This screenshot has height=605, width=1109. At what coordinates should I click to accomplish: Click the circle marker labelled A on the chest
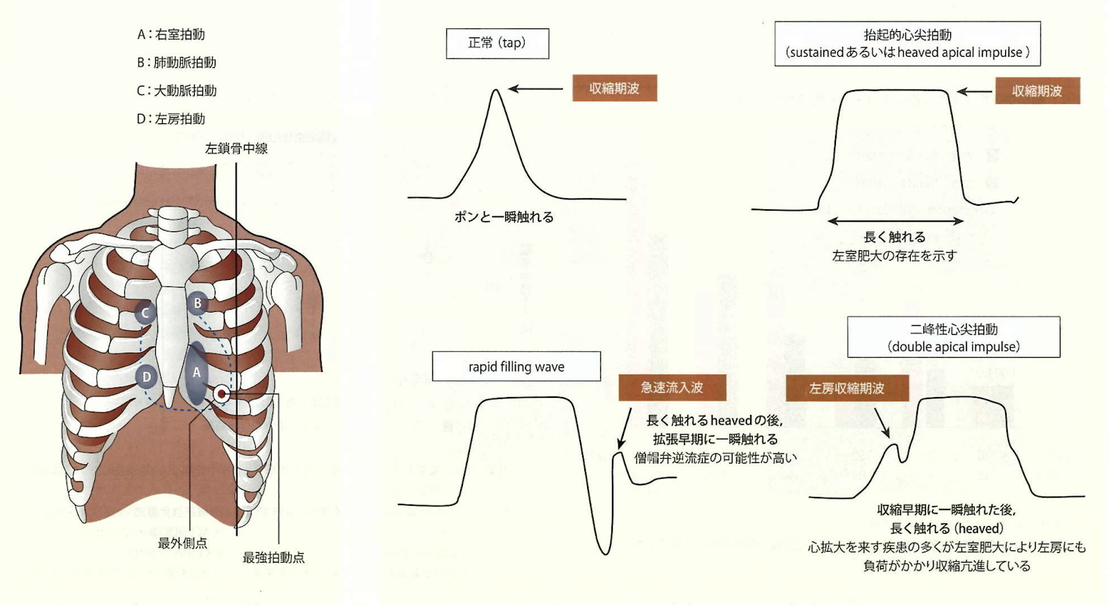point(197,373)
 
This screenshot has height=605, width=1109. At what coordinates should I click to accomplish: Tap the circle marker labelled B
point(198,303)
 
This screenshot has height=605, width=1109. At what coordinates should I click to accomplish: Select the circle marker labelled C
point(145,313)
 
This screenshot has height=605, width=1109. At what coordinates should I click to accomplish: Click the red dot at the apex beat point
point(221,394)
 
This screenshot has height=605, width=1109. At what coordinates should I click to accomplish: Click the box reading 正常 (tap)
point(497,44)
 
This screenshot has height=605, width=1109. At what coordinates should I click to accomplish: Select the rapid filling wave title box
point(516,367)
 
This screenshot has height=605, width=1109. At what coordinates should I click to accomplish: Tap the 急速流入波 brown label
point(672,388)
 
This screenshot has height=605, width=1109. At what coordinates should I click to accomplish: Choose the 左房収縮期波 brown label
point(846,389)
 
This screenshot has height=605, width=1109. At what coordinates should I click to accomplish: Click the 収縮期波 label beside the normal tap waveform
point(614,89)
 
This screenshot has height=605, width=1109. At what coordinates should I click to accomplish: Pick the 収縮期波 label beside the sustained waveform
point(1037,91)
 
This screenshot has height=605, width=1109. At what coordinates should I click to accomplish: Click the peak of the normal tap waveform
point(496,90)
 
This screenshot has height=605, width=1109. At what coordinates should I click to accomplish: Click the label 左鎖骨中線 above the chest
point(236,148)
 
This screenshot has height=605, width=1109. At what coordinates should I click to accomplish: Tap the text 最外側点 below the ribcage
point(183,543)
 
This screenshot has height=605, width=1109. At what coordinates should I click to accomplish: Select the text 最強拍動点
point(273,558)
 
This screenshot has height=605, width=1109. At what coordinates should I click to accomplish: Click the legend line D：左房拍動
point(171,119)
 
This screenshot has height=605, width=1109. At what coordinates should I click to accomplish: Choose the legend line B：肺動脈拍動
point(177,62)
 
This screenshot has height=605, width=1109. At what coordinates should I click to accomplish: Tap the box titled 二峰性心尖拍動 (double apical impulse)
point(953,337)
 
